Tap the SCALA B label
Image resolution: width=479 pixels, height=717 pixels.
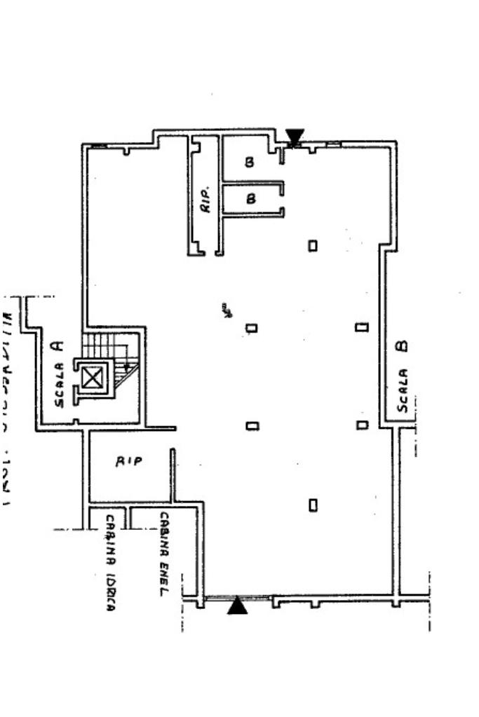403,376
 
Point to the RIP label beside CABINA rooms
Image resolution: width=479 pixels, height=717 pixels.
129,461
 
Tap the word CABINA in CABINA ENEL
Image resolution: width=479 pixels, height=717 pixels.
163,536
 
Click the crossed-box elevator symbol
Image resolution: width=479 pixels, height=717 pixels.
92,378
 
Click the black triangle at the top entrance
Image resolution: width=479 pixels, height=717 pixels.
295,136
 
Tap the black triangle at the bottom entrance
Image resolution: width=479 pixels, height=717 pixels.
238,605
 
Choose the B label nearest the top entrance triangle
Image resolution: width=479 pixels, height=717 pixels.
249,163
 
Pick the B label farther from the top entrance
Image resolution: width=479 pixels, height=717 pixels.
251,198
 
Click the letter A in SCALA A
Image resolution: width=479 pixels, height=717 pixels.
59,345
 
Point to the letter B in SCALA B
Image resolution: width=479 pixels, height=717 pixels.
402,346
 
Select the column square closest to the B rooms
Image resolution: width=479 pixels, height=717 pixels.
313,245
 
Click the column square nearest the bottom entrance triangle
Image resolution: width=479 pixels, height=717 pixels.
313,504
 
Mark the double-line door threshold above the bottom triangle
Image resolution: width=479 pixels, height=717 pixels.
238,597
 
